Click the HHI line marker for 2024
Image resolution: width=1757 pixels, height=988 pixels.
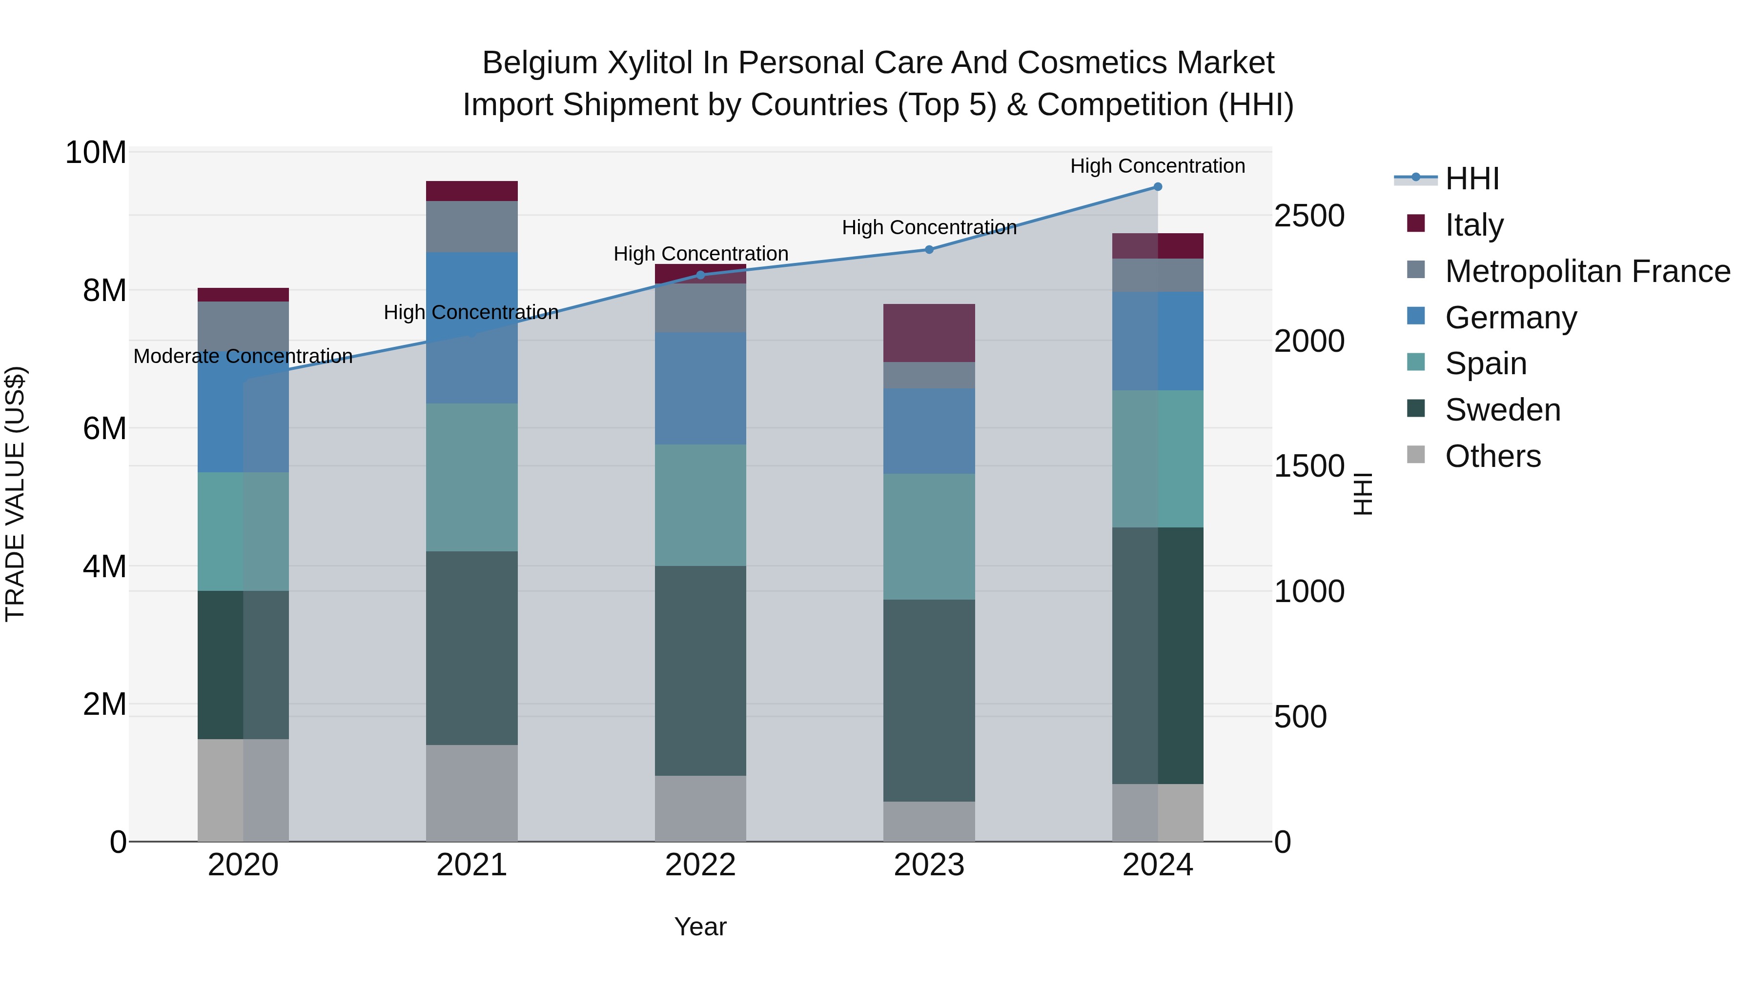1158,186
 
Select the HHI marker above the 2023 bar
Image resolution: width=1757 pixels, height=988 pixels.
929,249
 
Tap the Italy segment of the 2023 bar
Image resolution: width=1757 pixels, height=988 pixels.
929,333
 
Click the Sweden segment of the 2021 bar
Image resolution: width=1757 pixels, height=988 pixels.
471,648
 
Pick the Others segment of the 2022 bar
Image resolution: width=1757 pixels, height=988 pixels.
700,808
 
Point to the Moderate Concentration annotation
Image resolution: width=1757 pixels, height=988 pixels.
243,356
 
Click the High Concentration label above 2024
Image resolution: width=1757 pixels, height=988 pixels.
1158,166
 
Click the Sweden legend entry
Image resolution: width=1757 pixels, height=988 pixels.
1503,410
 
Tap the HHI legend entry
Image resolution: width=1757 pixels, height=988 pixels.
1472,179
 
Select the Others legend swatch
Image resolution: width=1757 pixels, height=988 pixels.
1416,455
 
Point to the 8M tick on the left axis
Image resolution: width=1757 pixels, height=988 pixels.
103,290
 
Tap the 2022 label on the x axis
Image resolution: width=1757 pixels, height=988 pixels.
700,865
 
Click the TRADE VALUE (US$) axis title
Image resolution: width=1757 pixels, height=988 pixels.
15,494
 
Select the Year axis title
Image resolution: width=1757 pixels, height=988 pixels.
700,927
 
